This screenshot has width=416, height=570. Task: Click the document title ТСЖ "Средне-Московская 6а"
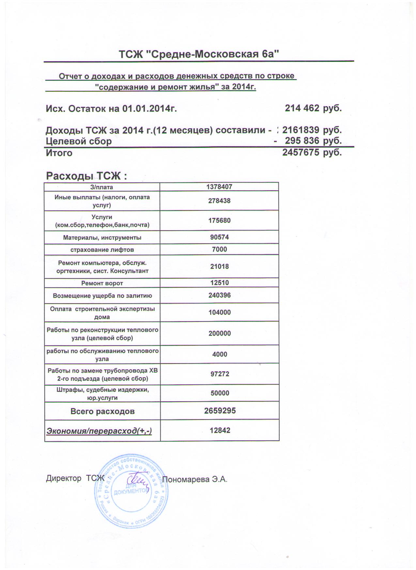click(199, 54)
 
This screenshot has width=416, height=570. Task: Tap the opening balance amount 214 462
click(302, 108)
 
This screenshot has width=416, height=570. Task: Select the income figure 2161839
click(300, 130)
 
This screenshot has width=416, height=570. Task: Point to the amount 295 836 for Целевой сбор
click(302, 141)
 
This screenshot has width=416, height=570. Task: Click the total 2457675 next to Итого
click(300, 152)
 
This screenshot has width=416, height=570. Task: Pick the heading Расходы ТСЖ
click(86, 176)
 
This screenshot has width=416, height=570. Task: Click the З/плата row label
click(102, 187)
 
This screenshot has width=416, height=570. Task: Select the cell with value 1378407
click(219, 187)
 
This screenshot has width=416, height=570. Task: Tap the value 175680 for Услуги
click(219, 221)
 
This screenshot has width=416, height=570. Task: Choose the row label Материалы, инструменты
click(102, 237)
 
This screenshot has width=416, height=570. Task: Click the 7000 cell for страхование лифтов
click(219, 249)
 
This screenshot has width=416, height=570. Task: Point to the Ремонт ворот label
click(102, 283)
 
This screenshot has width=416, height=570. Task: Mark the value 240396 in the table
click(219, 295)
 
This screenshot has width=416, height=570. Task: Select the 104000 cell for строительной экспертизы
click(219, 312)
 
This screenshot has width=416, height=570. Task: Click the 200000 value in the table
click(219, 334)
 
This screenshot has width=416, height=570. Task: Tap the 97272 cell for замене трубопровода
click(219, 374)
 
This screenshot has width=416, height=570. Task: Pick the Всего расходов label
click(102, 411)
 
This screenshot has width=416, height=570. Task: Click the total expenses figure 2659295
click(220, 411)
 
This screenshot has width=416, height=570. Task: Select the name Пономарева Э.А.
click(194, 479)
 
